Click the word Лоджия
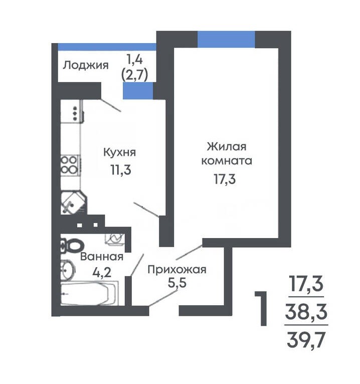coord(86,66)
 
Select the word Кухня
coord(119,152)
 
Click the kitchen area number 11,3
coord(121,170)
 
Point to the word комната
coord(227,161)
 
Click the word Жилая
coord(227,147)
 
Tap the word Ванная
coord(102,257)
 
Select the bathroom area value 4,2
coord(102,272)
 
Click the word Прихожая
coord(177,270)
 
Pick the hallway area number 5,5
coord(177,283)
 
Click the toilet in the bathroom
coord(72,245)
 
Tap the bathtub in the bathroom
coord(89,294)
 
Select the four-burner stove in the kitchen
coord(71,165)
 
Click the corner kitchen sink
coord(74,203)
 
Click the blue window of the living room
coord(226,39)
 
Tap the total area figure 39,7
coord(306,340)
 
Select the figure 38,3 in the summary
coord(306,311)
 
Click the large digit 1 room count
coord(262,309)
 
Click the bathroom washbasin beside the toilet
coord(67,270)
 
